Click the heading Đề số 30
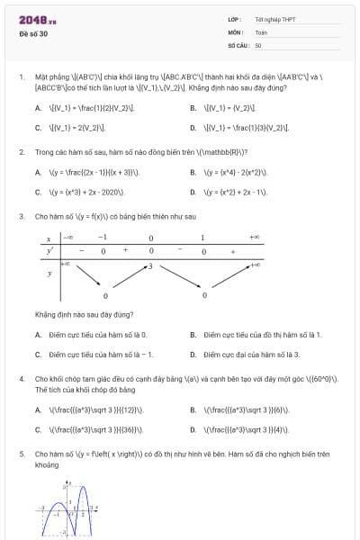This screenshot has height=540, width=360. tap(33, 34)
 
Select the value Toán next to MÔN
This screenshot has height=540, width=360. tap(261, 31)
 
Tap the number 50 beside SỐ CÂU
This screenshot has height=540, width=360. tap(258, 44)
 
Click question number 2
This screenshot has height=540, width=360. tap(21, 151)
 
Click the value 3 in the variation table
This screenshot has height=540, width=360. tap(150, 266)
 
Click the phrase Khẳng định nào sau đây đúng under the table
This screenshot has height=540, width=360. tap(85, 315)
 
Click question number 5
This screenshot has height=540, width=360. tap(21, 455)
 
